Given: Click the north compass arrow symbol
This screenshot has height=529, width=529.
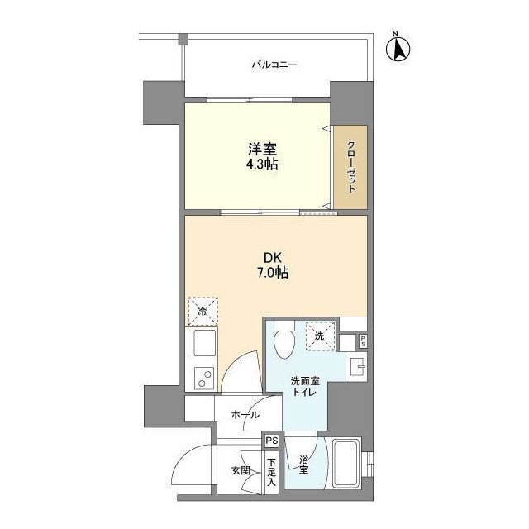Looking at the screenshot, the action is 398,48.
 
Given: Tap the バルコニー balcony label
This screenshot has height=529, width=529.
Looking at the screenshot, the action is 274,64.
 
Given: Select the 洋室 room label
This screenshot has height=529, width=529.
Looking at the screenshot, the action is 262,149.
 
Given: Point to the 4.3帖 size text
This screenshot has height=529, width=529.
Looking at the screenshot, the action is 262,164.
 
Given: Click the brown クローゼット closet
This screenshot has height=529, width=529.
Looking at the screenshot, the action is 350,167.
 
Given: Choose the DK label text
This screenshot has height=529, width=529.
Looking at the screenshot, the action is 273,258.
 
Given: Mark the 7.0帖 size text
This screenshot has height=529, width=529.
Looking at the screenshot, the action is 273,272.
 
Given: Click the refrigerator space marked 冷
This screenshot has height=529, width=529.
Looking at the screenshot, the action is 203,311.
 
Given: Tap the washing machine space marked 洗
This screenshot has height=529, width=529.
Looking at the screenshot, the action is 320,336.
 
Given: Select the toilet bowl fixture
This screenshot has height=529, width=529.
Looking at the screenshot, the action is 284,339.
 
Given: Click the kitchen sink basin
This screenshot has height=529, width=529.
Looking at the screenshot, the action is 204,342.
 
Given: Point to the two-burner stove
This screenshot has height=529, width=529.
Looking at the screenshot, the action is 204,379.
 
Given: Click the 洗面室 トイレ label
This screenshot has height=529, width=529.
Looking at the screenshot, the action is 305,387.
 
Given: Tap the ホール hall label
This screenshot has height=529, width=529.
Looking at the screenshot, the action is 245,415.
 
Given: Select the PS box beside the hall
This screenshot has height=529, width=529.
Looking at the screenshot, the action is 272,441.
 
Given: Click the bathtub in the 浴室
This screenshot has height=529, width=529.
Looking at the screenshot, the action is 346,463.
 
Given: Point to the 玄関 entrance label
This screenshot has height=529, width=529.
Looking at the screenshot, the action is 241,470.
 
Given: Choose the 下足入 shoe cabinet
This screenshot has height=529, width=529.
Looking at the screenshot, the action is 272,472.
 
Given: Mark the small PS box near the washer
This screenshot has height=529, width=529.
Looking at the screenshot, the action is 363,341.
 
